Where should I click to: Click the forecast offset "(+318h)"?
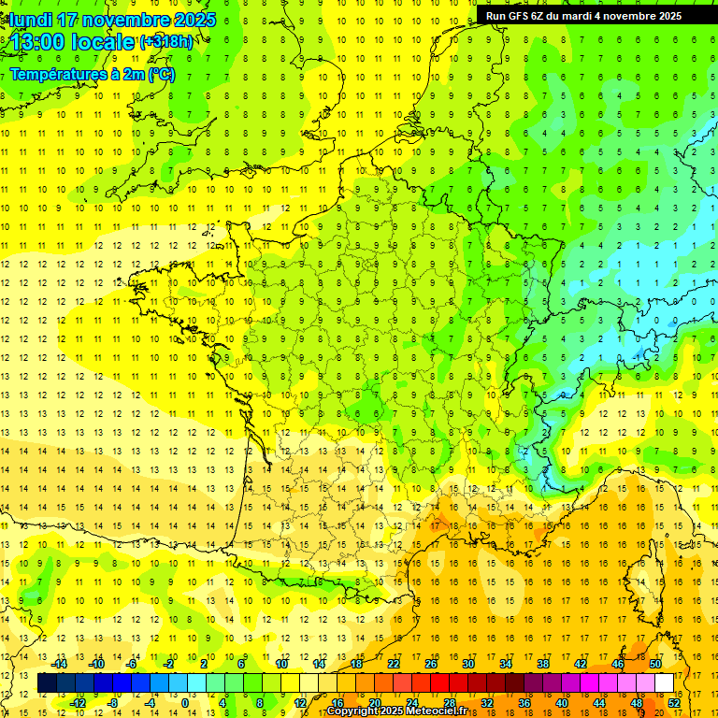pyautogui.click(x=166, y=42)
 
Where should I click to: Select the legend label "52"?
pyautogui.click(x=674, y=702)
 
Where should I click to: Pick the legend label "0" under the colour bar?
pyautogui.click(x=185, y=702)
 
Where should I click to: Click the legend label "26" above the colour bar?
pyautogui.click(x=431, y=664)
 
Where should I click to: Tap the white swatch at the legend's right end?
pyautogui.click(x=665, y=683)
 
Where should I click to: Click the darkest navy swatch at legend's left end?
pyautogui.click(x=47, y=683)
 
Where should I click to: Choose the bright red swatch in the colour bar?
pyautogui.click(x=439, y=683)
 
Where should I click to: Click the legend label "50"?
pyautogui.click(x=655, y=664)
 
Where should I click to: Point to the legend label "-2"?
pyautogui.click(x=169, y=664)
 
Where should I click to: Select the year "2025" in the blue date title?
pyautogui.click(x=193, y=20)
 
